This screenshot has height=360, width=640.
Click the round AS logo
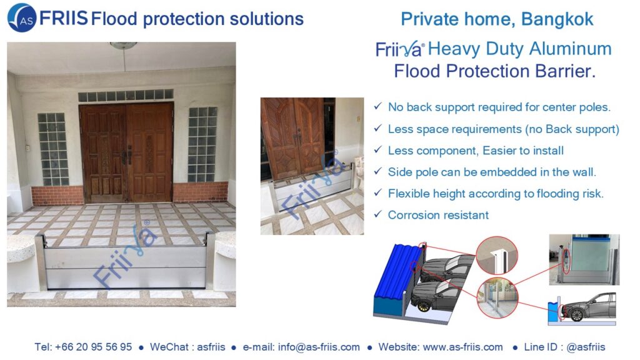[x=22, y=18]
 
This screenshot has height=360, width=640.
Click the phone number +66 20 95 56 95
[x=94, y=347]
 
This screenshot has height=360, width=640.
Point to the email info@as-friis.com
[x=319, y=347]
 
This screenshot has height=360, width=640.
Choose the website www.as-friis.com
[x=463, y=347]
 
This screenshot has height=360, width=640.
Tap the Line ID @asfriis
[x=586, y=347]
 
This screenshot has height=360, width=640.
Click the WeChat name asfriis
[x=211, y=347]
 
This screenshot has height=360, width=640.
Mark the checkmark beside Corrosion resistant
[x=378, y=214]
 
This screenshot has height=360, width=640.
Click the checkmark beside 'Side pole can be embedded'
[x=378, y=171]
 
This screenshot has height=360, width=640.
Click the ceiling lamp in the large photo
[x=123, y=45]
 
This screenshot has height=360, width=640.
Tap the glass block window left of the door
[x=53, y=149]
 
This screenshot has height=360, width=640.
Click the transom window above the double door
[x=126, y=96]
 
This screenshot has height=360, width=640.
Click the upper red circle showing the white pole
[x=496, y=256]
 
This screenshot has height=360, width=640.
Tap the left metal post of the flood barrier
[x=41, y=261]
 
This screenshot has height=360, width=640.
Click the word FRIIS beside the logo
[x=63, y=18]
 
